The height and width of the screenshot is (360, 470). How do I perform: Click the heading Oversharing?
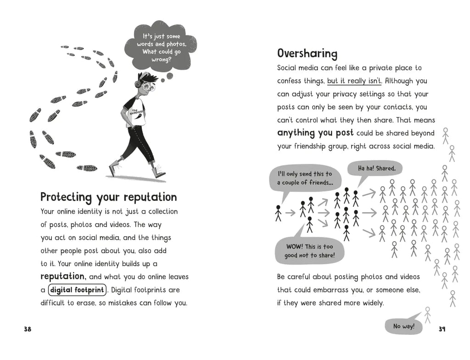(x=307, y=54)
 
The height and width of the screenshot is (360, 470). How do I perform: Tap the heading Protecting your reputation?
(x=108, y=197)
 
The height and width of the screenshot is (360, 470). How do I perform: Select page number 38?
(x=28, y=329)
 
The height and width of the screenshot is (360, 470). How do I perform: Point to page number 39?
(x=442, y=329)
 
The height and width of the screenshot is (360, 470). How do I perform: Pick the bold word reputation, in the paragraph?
(x=63, y=277)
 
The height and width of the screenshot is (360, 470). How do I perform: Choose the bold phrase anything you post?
(x=315, y=133)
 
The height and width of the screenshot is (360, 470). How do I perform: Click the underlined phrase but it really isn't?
(x=354, y=81)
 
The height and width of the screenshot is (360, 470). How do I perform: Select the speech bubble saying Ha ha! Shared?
(x=376, y=169)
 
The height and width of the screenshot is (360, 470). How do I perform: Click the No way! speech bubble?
(x=403, y=327)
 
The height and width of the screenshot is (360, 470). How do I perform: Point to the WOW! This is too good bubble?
(x=309, y=251)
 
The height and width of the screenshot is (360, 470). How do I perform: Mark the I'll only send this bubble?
(x=305, y=178)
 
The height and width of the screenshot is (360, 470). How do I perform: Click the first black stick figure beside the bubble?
(x=278, y=213)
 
